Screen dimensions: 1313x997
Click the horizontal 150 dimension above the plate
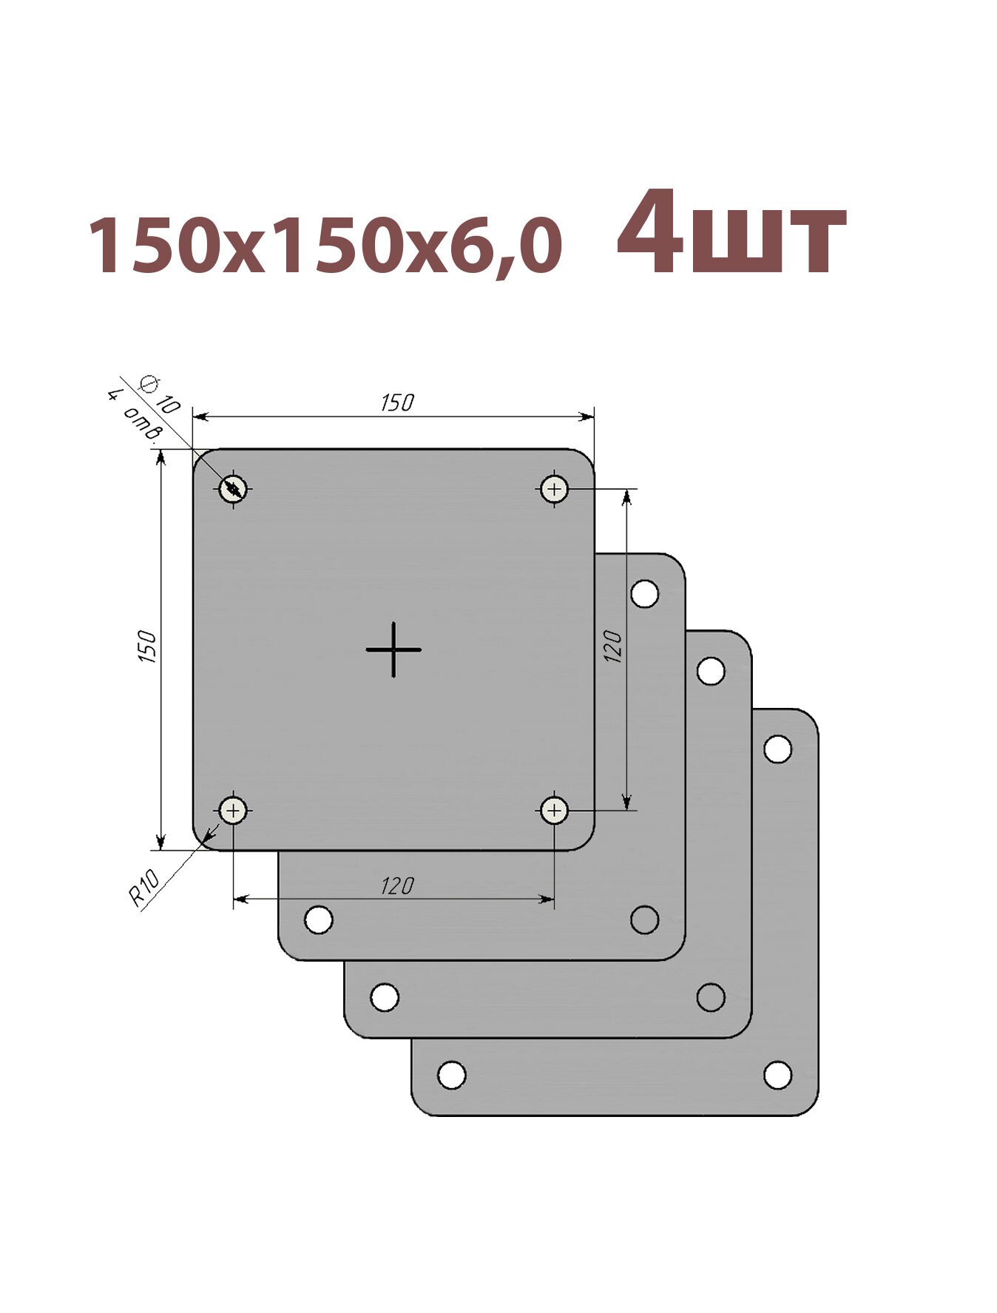(x=396, y=403)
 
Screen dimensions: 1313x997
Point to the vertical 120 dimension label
(x=613, y=646)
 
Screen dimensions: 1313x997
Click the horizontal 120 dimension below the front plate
(x=396, y=885)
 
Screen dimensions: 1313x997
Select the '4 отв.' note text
(x=134, y=416)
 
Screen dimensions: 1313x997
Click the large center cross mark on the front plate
(x=393, y=649)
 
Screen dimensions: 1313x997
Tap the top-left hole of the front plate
(x=233, y=489)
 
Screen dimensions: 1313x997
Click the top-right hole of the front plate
(x=554, y=489)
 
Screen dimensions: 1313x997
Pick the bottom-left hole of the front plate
(x=233, y=811)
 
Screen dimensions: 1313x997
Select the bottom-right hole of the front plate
(x=554, y=811)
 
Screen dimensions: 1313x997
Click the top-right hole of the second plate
(x=645, y=593)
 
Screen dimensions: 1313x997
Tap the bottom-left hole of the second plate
(x=319, y=919)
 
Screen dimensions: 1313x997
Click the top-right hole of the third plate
(x=711, y=671)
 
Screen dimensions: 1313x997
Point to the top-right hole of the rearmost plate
(x=777, y=749)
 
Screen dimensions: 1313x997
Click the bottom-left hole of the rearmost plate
(x=452, y=1075)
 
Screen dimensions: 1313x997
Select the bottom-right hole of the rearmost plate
(x=777, y=1075)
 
